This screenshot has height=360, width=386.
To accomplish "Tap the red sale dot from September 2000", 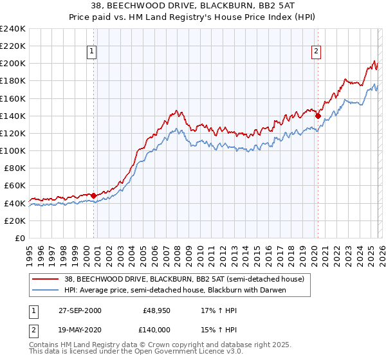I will tap(94, 195).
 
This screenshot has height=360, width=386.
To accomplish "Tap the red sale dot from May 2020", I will tap(318, 116).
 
